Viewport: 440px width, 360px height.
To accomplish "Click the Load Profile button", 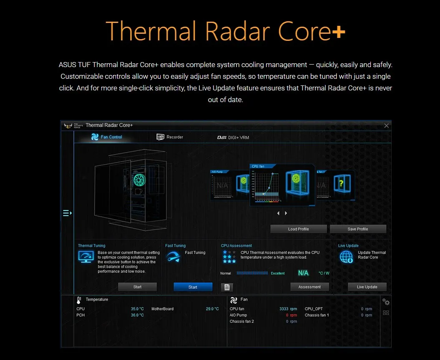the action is point(298,229).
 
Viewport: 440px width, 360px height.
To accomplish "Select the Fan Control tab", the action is point(107,137).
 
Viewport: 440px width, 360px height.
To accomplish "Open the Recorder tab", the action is point(170,137).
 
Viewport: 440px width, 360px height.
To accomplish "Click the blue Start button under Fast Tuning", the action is point(193,287).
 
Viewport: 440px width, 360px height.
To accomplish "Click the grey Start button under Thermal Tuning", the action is point(137,287).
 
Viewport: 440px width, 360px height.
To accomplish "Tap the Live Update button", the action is point(367,287).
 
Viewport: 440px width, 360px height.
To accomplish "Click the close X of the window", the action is point(386,125).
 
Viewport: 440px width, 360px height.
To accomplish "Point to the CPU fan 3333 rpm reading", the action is point(288,309).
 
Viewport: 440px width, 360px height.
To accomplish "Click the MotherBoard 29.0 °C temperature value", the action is point(212,309).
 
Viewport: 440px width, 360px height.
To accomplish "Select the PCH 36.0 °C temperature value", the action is point(137,315).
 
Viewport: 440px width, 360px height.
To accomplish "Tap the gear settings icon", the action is point(386,302).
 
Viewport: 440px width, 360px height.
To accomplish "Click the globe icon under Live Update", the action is point(346,257).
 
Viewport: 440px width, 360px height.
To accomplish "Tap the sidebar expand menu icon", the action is point(67,213).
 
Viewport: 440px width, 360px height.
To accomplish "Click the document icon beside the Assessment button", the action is point(227,287).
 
